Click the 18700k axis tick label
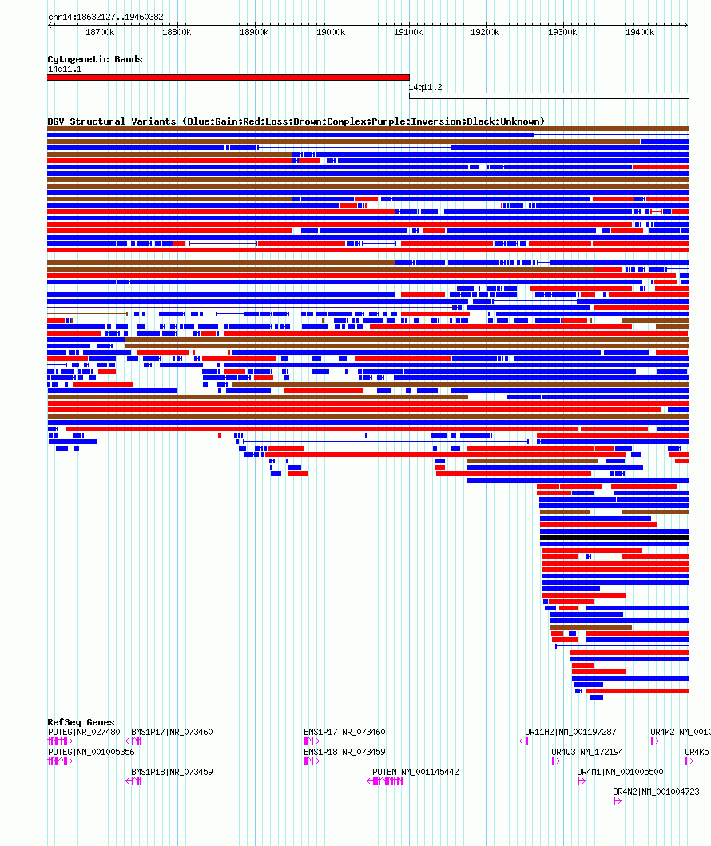[100, 33]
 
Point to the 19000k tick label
[331, 33]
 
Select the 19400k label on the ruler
[640, 33]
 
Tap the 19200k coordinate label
[485, 33]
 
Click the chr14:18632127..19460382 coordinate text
[105, 18]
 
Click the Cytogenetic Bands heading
[95, 59]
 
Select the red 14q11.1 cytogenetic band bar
[228, 77]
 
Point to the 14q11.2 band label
[425, 87]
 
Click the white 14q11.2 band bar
[549, 96]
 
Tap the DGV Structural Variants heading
[296, 121]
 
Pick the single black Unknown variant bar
[614, 538]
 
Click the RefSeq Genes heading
[81, 722]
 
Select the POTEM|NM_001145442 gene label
[415, 772]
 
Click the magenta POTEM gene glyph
[385, 781]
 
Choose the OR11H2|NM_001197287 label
[570, 732]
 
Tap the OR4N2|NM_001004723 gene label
[656, 792]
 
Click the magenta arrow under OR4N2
[618, 801]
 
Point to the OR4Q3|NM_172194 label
[587, 752]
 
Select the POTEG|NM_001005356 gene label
[91, 752]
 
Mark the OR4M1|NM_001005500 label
[621, 772]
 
